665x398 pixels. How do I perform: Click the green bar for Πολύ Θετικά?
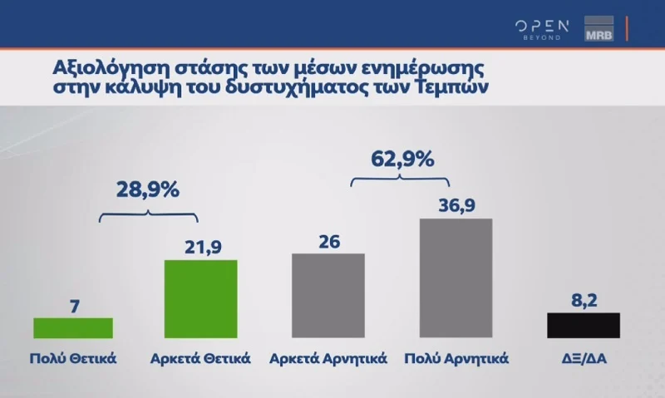72,327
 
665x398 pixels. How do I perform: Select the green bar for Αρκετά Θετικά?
201,299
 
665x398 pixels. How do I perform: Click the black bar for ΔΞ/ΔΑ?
584,325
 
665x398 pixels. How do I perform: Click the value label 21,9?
201,246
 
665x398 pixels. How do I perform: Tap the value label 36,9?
456,204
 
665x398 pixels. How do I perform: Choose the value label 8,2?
584,298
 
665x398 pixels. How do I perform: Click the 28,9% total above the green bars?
148,189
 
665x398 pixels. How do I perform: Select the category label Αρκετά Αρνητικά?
328,360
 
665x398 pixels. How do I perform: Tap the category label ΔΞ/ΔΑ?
584,360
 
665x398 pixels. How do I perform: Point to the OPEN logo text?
541,25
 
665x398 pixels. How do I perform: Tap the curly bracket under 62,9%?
400,178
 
